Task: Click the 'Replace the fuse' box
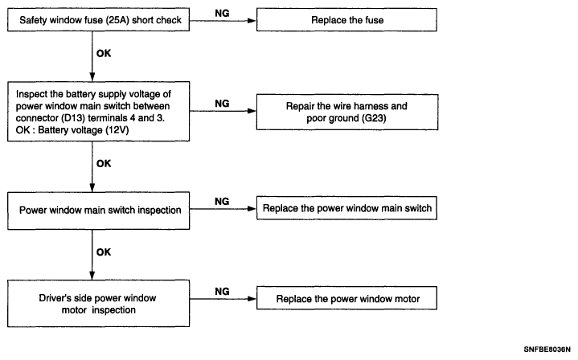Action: click(x=346, y=20)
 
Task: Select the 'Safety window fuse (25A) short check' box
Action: click(x=98, y=20)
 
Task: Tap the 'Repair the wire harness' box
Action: click(x=346, y=112)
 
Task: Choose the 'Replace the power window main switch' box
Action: click(x=346, y=208)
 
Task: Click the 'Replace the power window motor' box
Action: click(x=346, y=298)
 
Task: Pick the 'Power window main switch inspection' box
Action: click(x=98, y=211)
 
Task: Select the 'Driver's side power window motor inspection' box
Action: click(x=98, y=304)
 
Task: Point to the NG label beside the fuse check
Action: click(x=222, y=14)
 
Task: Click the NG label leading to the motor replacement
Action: click(x=222, y=292)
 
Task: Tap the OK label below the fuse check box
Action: click(x=104, y=53)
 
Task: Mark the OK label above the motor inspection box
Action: click(x=104, y=252)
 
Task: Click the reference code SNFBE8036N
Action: click(x=547, y=350)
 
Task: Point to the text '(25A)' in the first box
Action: click(x=117, y=20)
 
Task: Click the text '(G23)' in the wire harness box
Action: click(x=374, y=118)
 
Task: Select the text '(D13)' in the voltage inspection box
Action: click(x=72, y=118)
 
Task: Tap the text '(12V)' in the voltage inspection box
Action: click(x=117, y=130)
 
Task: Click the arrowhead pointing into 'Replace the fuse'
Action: click(x=252, y=21)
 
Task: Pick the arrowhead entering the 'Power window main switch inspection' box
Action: click(x=92, y=187)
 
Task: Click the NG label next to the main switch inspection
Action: click(x=222, y=202)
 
